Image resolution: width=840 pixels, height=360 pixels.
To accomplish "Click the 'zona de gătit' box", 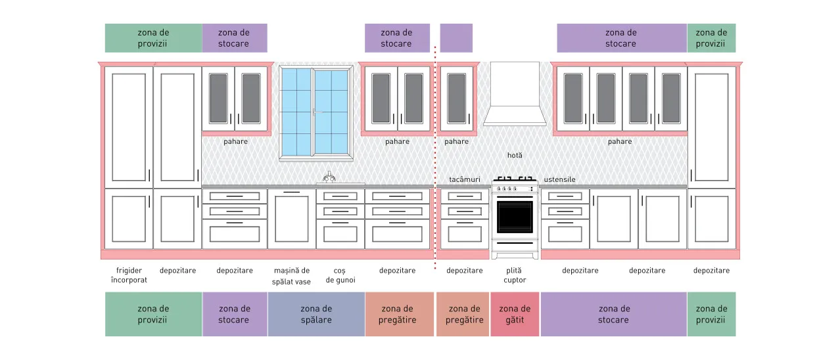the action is (515, 314).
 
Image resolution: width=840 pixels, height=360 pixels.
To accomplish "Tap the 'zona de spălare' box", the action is (316, 314).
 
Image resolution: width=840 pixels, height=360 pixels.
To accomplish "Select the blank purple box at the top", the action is (456, 38).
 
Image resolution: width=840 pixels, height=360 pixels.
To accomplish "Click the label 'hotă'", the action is (515, 155).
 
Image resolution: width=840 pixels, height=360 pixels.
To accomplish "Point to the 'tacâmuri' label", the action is (465, 179).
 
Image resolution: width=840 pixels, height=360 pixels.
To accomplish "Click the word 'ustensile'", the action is (559, 179).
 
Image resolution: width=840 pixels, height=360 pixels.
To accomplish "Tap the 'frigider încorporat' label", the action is (129, 275).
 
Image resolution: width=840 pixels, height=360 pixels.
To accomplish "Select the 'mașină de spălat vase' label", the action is (291, 276).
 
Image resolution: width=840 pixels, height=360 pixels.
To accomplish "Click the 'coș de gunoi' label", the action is (340, 275).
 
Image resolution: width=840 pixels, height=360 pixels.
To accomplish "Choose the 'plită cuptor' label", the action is (515, 275).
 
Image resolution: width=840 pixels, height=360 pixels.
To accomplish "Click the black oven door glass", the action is (515, 217).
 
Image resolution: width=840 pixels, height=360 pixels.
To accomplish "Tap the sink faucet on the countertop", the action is (329, 177).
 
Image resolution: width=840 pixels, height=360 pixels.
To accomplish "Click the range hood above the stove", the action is (515, 94).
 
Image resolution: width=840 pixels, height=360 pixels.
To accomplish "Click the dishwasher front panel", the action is (292, 219).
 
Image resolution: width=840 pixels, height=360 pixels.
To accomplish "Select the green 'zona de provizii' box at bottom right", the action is (711, 314).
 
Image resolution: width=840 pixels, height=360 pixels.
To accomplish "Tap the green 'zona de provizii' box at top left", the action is (153, 38).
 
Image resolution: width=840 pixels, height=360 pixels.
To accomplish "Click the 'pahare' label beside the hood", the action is (456, 141).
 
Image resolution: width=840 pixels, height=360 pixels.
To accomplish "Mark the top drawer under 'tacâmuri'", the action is (465, 196).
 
